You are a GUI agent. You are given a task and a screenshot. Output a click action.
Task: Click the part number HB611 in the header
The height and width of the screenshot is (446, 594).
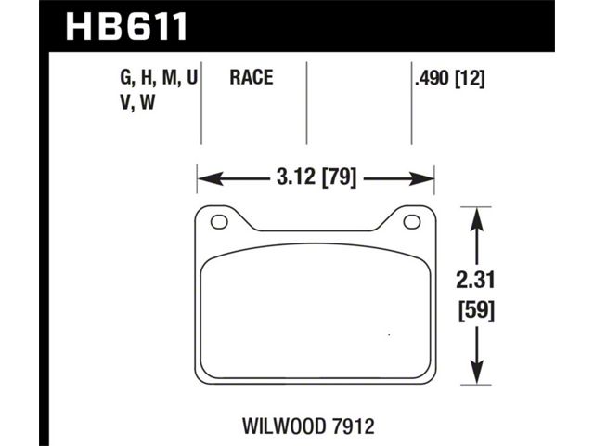click(x=126, y=26)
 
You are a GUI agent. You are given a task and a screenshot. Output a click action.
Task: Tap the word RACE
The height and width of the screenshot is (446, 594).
click(x=252, y=77)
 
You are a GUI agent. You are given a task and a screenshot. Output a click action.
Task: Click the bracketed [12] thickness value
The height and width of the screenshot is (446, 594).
click(x=470, y=79)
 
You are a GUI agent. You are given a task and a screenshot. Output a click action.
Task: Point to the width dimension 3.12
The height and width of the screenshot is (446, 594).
click(x=296, y=177)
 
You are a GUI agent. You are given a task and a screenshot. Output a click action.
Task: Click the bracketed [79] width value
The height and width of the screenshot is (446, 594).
click(x=339, y=177)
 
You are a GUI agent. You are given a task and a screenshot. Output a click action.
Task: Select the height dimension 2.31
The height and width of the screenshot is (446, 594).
click(x=475, y=281)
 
